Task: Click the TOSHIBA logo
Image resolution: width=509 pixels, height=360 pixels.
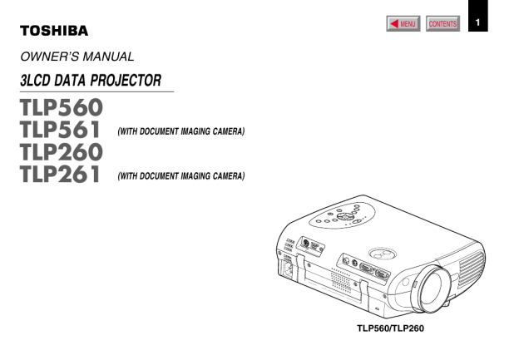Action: (54, 31)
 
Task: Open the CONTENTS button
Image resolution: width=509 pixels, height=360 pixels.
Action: (442, 23)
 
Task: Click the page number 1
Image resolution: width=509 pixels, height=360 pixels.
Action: (477, 22)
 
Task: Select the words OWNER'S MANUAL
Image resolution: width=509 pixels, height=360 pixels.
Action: (77, 57)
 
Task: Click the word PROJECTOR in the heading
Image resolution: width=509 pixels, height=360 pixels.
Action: (126, 81)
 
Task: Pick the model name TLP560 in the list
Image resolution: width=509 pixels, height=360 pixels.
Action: (62, 107)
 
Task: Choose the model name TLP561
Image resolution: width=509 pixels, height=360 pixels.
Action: (60, 130)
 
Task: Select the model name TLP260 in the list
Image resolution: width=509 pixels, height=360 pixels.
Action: (62, 151)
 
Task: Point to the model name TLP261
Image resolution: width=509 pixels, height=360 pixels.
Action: (60, 174)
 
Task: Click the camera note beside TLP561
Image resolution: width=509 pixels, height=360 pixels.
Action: (180, 131)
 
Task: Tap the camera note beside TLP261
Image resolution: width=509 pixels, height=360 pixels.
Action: (180, 176)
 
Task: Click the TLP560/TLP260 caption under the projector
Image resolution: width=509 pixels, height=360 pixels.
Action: (390, 328)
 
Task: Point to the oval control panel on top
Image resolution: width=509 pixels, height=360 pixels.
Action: (342, 215)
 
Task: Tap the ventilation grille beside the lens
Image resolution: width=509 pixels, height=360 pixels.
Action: (472, 269)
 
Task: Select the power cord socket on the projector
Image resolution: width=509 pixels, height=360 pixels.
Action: (288, 269)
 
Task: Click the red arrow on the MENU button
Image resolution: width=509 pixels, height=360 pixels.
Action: (394, 23)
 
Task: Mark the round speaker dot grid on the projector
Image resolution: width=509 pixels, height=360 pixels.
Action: (341, 280)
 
